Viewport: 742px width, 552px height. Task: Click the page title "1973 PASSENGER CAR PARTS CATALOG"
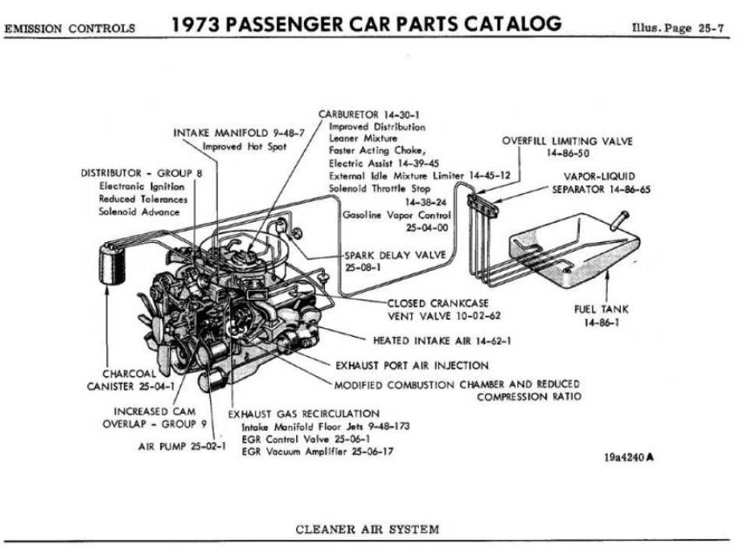pos(366,24)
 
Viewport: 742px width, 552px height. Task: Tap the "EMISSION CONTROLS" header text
pos(70,29)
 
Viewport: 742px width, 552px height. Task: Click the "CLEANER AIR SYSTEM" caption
pos(367,528)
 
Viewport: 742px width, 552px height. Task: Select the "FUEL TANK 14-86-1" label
pos(601,315)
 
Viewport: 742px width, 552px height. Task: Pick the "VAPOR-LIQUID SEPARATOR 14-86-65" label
pos(601,181)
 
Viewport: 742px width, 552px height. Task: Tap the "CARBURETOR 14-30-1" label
pos(369,114)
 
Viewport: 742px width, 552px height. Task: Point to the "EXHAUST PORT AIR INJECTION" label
pos(411,366)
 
